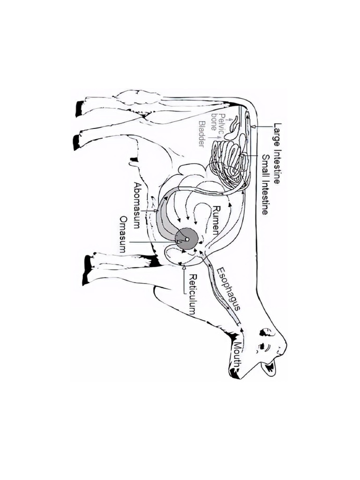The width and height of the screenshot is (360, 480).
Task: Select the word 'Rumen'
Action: pos(217,220)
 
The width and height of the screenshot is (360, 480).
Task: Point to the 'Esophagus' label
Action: pos(228,289)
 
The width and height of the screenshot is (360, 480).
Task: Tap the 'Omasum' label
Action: pos(123,234)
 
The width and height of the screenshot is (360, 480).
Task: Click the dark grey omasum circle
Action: pos(186,239)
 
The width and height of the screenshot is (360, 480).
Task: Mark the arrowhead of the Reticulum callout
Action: pos(184,267)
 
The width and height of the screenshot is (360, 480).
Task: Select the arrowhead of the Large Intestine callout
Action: pos(252,126)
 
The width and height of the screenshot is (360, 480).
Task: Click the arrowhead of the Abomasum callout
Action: pos(157,210)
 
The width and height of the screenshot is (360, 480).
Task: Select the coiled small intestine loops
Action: pos(230,162)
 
